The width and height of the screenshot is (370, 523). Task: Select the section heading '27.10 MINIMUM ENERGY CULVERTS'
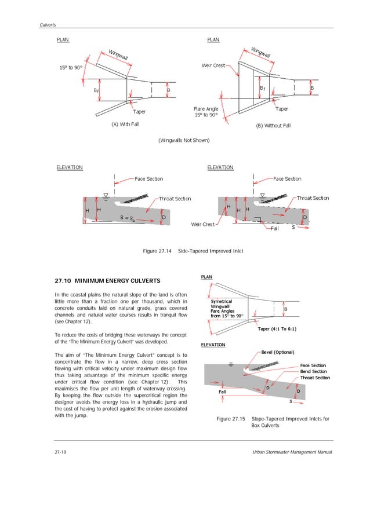pos(107,281)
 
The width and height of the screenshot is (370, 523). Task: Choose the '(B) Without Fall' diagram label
pos(274,125)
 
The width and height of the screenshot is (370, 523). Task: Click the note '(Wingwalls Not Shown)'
pos(184,140)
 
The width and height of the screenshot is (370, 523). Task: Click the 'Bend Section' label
pos(314,371)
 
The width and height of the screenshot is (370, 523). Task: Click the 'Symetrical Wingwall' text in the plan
pos(222,304)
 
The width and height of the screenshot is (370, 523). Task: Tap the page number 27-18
pos(56,451)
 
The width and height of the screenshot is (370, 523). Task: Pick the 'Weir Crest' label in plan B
pos(213,65)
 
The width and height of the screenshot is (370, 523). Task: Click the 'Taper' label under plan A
pos(139,111)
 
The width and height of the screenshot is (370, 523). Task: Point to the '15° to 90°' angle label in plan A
pos(70,68)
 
